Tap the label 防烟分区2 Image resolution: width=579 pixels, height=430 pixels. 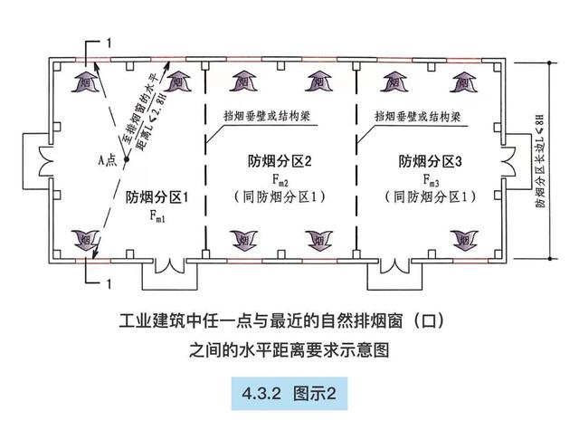click(x=280, y=163)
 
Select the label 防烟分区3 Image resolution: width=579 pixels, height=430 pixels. click(x=431, y=163)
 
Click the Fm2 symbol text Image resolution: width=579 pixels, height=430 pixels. click(x=280, y=179)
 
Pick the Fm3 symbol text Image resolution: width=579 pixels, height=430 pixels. click(x=431, y=179)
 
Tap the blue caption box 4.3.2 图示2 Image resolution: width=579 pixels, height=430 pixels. click(x=289, y=393)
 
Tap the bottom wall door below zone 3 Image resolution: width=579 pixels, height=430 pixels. click(x=393, y=269)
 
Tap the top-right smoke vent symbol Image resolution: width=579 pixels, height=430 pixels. click(x=469, y=77)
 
